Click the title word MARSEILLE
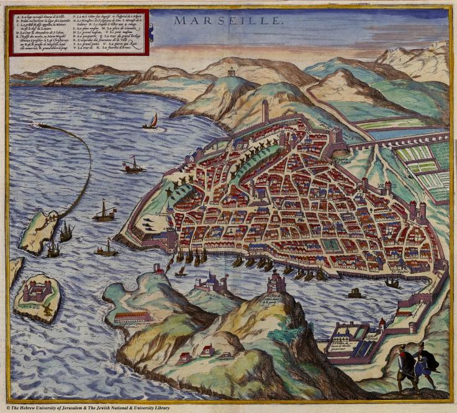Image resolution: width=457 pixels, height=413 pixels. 227,20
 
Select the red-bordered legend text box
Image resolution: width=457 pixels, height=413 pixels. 78,32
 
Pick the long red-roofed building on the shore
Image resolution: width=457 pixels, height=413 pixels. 132,317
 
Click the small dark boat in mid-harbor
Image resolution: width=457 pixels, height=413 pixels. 355,292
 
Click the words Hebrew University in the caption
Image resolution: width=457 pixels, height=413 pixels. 52,407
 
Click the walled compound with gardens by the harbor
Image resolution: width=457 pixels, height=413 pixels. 351,339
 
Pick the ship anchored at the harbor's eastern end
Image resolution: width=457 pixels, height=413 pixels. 392,283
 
